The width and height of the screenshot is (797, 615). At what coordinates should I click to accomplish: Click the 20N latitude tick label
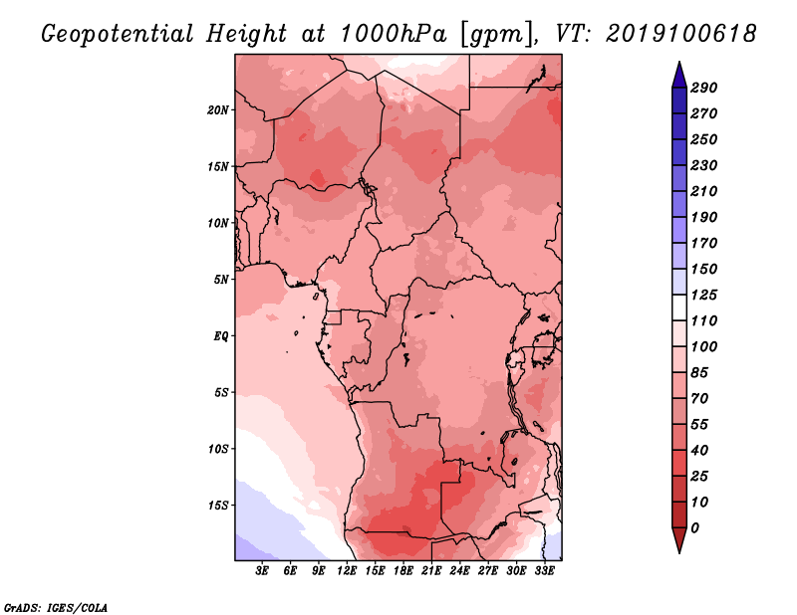pos(217,110)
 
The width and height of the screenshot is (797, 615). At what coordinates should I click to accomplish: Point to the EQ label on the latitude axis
pos(220,336)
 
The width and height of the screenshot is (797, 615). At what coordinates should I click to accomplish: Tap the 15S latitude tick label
pos(217,506)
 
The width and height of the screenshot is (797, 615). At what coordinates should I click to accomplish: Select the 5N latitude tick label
pos(221,280)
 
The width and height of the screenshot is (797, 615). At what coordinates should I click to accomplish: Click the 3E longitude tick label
pos(262,571)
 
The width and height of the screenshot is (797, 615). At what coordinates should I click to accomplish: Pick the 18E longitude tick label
pos(403,571)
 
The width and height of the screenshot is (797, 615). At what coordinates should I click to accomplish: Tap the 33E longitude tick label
pos(544,571)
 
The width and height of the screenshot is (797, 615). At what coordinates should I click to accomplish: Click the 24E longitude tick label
pos(459,571)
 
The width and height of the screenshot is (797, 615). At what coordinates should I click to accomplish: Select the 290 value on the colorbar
pos(704,88)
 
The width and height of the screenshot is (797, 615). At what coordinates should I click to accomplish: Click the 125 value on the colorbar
pos(704,295)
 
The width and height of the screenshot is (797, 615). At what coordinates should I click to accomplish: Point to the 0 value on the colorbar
pos(694,528)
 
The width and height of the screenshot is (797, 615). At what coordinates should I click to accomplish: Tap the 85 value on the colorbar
pos(699,373)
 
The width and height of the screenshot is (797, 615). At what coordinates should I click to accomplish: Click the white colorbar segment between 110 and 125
pos(679,307)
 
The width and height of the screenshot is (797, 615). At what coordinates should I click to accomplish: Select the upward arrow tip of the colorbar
pos(679,62)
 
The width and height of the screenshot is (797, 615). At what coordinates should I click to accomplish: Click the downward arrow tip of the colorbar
pos(679,552)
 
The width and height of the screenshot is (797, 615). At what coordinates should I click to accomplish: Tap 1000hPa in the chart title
pos(394,34)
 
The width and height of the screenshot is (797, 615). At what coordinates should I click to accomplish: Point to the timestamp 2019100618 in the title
pos(681,34)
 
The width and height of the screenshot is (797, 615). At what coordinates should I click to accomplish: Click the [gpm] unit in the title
pos(493,35)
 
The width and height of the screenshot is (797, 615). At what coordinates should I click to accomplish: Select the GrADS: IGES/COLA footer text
pos(56,608)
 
